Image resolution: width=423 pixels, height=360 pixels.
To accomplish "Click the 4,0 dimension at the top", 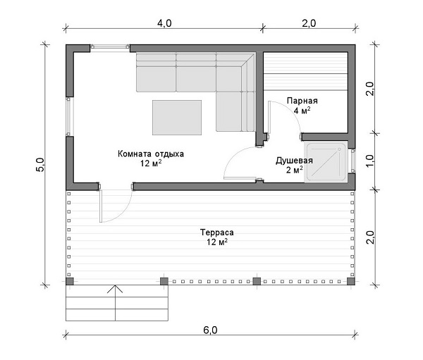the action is coord(164,23).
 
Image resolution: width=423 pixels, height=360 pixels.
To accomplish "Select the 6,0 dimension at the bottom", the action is coord(210,330).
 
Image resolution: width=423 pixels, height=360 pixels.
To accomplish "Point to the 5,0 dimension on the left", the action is coord(39,165).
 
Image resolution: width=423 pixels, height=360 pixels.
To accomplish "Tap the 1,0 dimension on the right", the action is coord(370,161).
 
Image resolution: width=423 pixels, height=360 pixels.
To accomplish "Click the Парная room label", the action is coord(302,101).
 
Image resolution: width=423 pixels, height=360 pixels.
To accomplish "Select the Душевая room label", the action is coord(294,161).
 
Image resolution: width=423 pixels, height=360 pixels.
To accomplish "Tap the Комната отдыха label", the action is coord(151,154).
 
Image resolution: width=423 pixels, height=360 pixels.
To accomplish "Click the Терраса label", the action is coord(217,232).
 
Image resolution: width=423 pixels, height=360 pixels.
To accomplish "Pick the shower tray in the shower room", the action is coord(326,162).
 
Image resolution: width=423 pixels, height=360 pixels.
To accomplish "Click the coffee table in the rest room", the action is coord(177,118).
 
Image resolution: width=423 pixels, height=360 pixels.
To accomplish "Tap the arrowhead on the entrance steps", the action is coord(115,289).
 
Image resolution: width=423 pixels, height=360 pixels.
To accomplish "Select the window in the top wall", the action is coord(110,46).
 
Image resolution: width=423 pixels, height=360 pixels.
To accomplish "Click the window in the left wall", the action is coord(68,116).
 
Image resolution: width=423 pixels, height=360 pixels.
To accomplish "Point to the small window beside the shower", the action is coord(352,161).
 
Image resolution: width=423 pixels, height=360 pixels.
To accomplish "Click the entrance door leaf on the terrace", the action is coord(101,206).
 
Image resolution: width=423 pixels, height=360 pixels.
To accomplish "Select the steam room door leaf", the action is coord(269,118).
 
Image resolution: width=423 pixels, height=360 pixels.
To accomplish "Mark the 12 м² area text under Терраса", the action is coord(217,242).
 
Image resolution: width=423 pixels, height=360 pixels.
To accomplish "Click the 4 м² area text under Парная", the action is coord(302,111).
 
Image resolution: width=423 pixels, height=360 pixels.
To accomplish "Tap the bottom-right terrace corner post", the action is coord(350,282).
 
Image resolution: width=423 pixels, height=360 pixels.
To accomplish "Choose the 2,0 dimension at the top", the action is coord(309,23).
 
